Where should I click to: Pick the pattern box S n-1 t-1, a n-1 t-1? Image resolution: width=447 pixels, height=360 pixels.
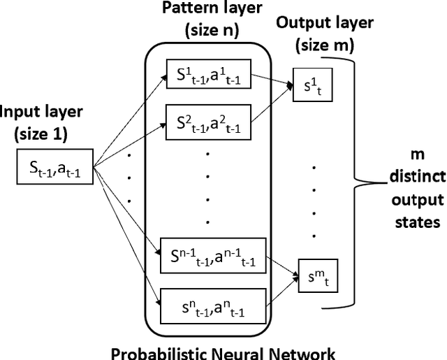[x=208, y=257]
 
